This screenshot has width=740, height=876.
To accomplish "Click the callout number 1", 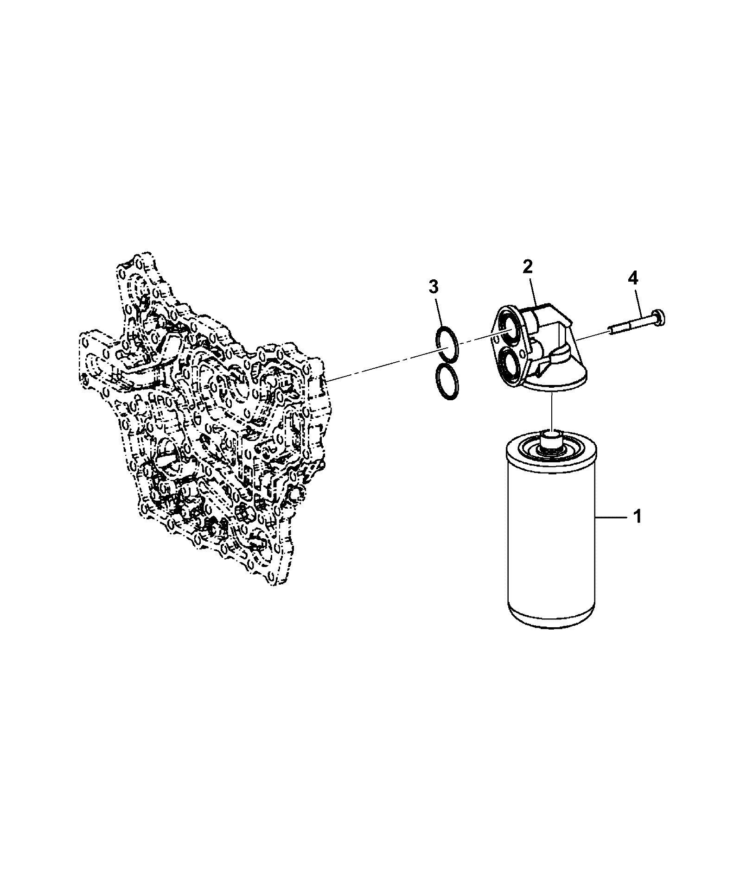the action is tap(638, 516).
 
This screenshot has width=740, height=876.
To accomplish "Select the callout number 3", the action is tap(433, 287).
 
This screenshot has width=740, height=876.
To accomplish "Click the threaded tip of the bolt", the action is tap(612, 330).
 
